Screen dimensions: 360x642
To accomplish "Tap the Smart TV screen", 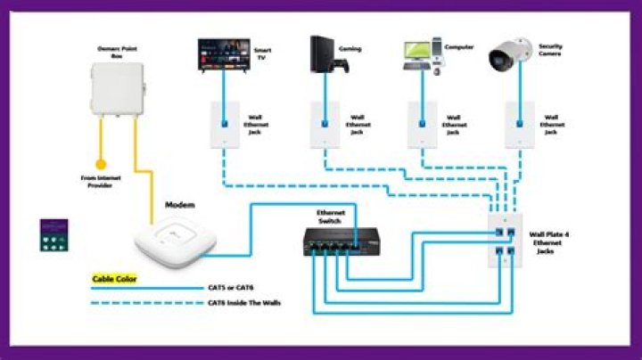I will (x=223, y=54).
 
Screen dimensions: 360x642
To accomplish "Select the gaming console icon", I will (x=322, y=56).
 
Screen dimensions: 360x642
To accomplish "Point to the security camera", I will (x=512, y=56).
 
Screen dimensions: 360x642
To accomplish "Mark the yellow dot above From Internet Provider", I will (x=101, y=164).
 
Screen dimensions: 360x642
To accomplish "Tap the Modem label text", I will (x=180, y=205).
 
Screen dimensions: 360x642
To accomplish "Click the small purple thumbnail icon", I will (x=55, y=236).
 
